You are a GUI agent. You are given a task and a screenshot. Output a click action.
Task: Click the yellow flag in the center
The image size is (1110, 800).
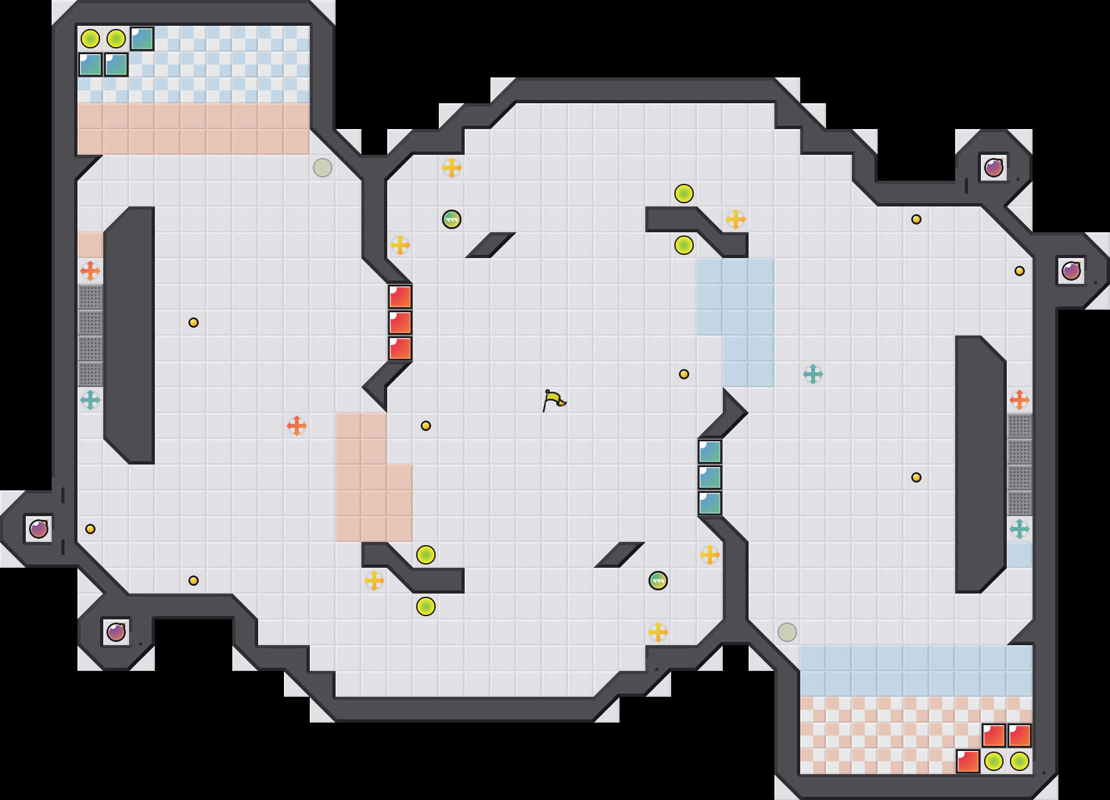[x=554, y=400]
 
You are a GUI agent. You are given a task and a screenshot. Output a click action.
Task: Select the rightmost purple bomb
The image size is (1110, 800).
[x=1071, y=271]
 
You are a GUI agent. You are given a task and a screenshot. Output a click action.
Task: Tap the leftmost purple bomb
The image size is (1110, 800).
[x=39, y=529]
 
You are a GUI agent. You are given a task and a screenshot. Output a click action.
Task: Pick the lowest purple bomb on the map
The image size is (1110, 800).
[x=116, y=632]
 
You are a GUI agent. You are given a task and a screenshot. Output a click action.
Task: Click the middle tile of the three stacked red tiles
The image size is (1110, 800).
[x=400, y=323]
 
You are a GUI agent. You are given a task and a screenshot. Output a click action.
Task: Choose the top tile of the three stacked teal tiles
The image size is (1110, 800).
[x=710, y=452]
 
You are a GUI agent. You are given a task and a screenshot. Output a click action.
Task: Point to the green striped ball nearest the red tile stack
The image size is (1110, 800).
[x=452, y=219]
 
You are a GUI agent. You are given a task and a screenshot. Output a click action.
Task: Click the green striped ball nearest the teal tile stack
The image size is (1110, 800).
[x=658, y=581]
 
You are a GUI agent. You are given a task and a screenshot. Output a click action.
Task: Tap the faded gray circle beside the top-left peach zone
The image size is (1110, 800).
[x=323, y=168]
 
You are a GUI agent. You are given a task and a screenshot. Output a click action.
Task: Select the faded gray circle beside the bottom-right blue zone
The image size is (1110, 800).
[x=787, y=632]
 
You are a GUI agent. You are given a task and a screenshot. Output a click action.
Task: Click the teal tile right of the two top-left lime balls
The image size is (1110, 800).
[x=142, y=39]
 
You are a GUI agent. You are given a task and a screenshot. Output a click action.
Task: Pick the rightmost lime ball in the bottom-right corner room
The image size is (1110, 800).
[x=1020, y=761]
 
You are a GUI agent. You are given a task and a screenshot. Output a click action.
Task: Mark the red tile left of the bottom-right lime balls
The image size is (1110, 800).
[x=968, y=761]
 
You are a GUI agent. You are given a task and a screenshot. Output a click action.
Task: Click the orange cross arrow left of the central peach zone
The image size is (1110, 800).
[x=297, y=426]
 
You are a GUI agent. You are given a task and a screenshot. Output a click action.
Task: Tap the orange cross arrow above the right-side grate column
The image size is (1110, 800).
[x=1020, y=400]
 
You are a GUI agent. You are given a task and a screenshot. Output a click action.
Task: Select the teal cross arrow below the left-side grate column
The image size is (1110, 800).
[x=90, y=400]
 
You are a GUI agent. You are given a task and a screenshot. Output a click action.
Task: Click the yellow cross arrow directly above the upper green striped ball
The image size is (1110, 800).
[x=452, y=168]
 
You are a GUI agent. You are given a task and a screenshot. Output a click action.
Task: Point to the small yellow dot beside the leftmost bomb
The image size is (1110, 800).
[x=90, y=529]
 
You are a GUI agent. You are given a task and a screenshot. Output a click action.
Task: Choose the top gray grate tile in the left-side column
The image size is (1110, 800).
[x=90, y=297]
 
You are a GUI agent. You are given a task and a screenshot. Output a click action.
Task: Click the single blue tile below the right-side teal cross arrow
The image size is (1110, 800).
[x=1020, y=555]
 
